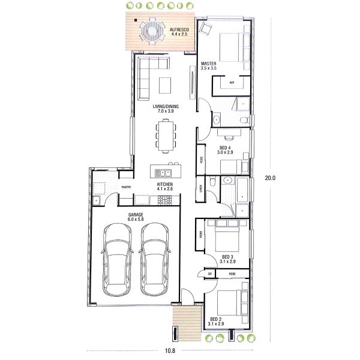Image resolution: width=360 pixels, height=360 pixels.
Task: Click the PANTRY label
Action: (x=126, y=187)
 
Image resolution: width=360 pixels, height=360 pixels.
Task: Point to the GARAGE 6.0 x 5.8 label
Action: (x=135, y=217)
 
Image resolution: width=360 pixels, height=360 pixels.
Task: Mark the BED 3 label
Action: (x=227, y=258)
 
